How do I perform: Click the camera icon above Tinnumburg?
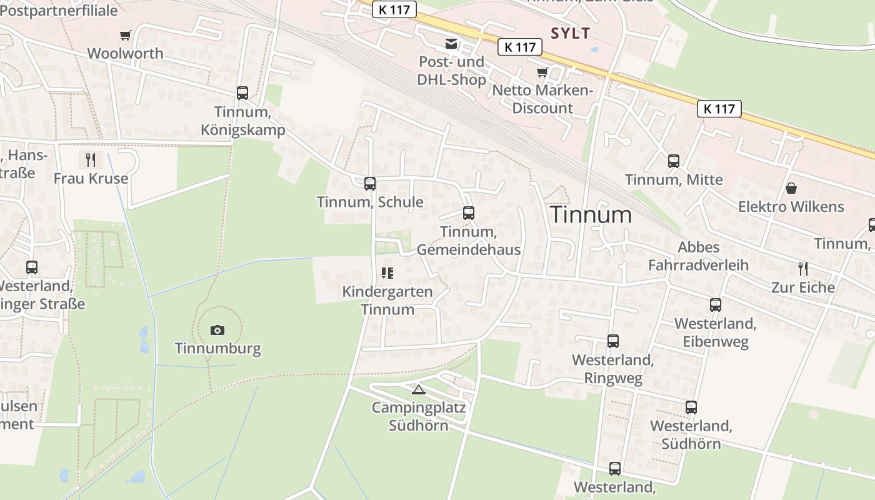[217, 330]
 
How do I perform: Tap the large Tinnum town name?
[591, 215]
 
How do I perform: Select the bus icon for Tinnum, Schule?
[370, 183]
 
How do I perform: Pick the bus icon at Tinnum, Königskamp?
[242, 93]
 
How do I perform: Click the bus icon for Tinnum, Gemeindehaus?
[469, 212]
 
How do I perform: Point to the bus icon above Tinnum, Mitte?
[674, 161]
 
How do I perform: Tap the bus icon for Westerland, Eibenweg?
[716, 305]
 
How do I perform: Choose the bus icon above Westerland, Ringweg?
[613, 341]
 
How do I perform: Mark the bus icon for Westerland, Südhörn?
[691, 407]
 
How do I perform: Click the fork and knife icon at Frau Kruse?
[91, 160]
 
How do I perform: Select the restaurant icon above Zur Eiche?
[803, 269]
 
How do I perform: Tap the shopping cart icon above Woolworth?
[126, 35]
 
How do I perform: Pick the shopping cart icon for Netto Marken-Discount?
[542, 72]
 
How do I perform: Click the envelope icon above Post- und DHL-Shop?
[451, 43]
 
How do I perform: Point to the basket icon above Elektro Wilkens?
[791, 188]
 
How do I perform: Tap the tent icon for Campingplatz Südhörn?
[419, 390]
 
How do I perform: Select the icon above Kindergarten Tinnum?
[387, 273]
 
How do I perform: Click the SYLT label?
[570, 33]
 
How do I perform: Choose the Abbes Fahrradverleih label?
[698, 256]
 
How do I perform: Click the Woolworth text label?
[125, 53]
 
